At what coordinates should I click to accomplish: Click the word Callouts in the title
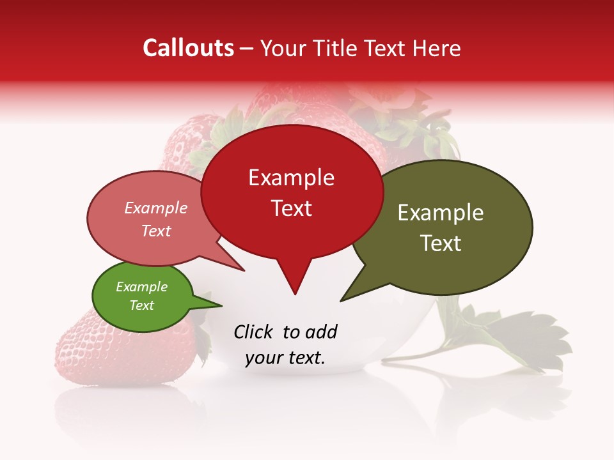coord(189,48)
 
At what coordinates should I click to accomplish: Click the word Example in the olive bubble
coord(441,213)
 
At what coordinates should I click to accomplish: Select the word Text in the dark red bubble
coord(292,208)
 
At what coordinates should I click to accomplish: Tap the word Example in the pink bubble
coord(156,208)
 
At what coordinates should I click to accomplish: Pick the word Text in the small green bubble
coord(142,305)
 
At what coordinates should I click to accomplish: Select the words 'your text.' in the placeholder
coord(285,358)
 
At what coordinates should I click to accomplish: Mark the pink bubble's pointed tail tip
coord(244,270)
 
